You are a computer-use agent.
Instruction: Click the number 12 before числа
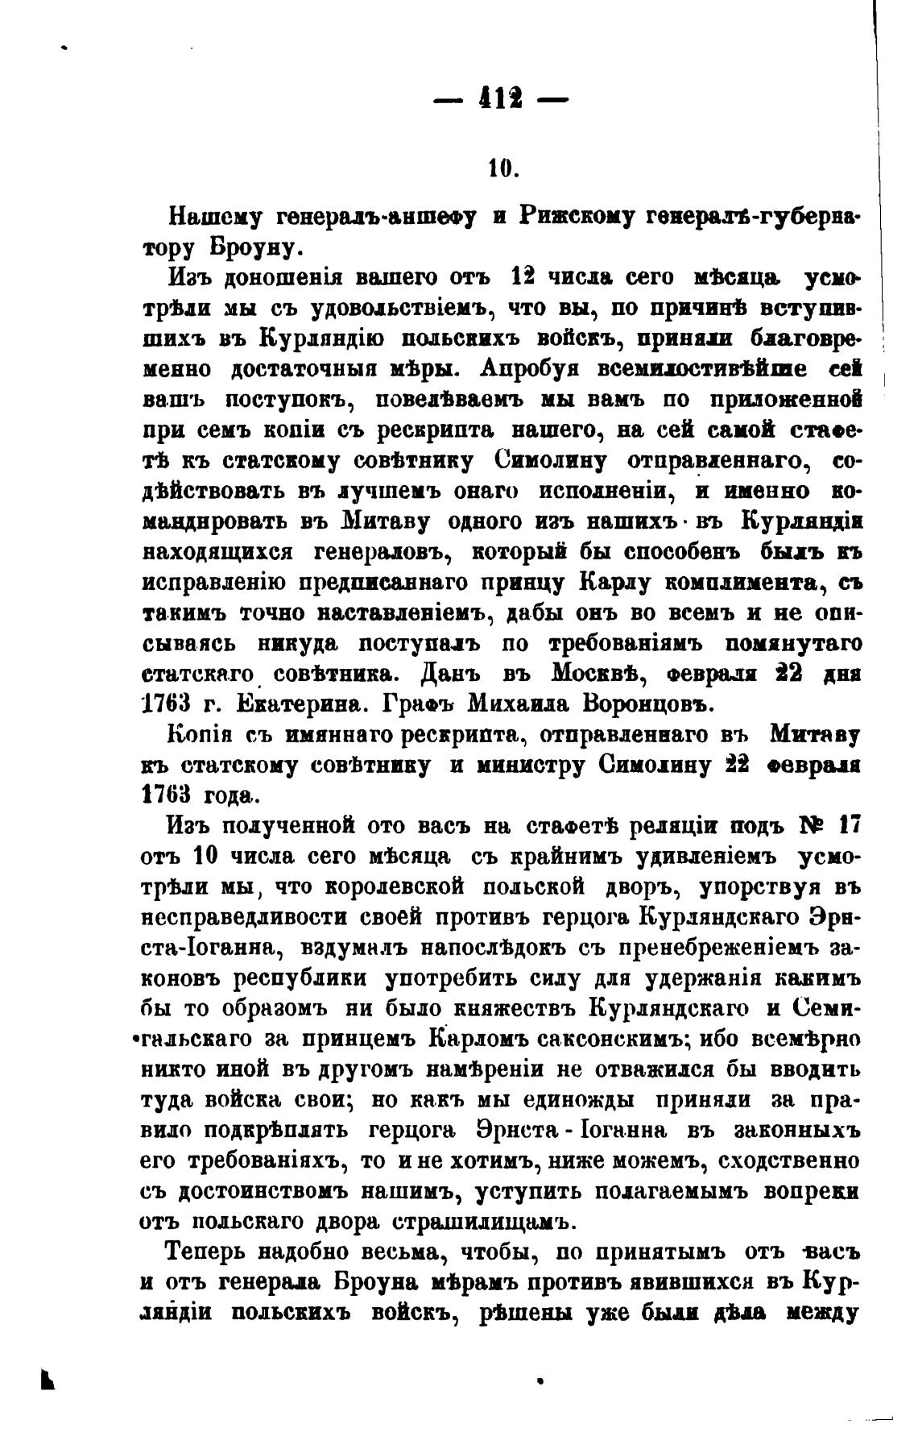point(523,277)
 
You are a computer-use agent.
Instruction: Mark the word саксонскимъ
point(601,1040)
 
